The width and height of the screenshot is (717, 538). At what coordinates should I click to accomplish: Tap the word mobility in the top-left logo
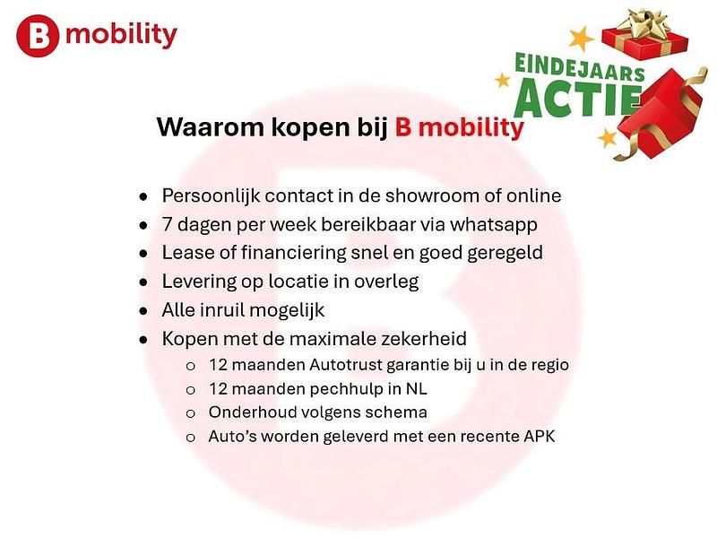121,36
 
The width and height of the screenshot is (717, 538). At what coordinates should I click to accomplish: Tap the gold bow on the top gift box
644,22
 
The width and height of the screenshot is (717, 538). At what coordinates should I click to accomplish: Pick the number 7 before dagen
167,224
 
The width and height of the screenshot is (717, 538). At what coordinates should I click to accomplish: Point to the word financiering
293,253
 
